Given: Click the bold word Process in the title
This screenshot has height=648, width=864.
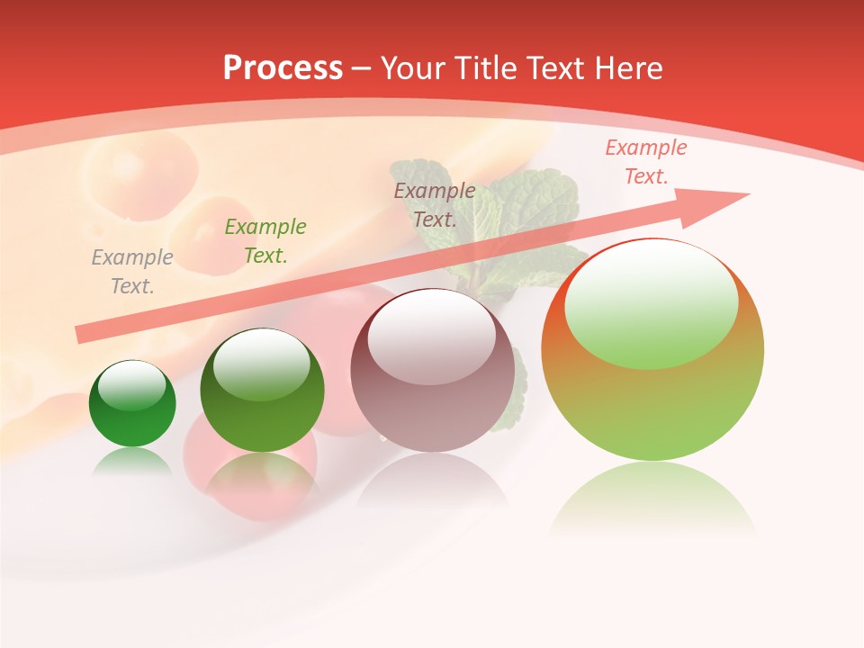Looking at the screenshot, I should pos(283,68).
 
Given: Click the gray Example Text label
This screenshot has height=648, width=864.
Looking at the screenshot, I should pos(132,272).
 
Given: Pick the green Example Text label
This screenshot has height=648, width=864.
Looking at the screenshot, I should pos(265,241).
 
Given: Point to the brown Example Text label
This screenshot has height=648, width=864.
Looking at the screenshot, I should pos(435,205).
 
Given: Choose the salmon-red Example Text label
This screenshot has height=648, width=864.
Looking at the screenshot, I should pos(646,162).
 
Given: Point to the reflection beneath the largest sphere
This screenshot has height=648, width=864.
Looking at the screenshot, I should pos(652,499).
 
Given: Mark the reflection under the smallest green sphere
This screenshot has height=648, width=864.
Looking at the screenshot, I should pos(132,463).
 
